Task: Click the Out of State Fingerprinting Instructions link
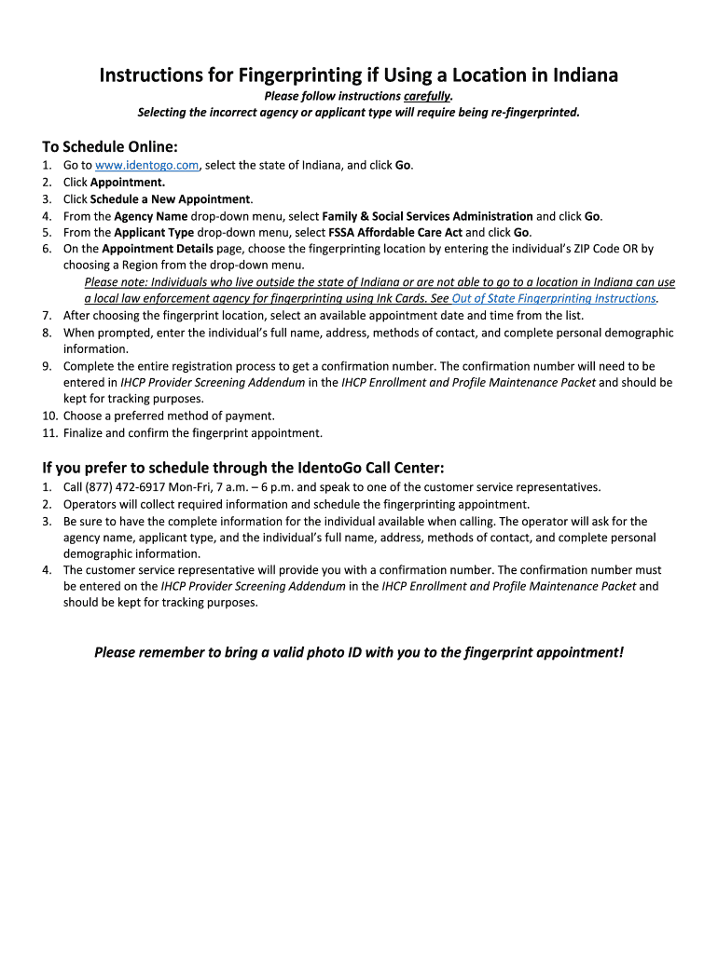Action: [x=554, y=299]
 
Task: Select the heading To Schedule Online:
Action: [x=109, y=146]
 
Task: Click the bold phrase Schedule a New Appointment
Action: [x=171, y=199]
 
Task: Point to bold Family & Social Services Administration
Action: [x=427, y=216]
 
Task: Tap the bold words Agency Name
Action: [x=151, y=216]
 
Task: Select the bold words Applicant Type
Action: [x=154, y=233]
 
